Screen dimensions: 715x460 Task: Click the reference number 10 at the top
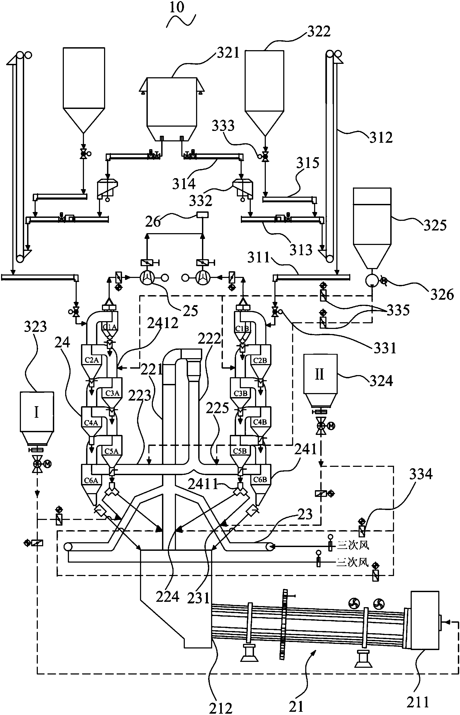tap(176, 7)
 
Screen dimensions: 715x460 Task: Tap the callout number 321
tap(228, 53)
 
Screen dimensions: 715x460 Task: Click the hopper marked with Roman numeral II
tap(320, 374)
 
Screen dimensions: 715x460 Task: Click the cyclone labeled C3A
tap(112, 394)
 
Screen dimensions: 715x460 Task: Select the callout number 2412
tap(163, 323)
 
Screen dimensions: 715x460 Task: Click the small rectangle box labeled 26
tap(203, 215)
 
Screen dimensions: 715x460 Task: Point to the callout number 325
tap(435, 225)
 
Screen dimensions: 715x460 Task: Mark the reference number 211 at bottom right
tap(418, 702)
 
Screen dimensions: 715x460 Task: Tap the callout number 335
tap(398, 310)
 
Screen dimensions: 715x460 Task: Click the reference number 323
tap(35, 327)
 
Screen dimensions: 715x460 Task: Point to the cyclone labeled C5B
tap(240, 451)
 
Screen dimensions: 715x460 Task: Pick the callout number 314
tap(184, 184)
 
